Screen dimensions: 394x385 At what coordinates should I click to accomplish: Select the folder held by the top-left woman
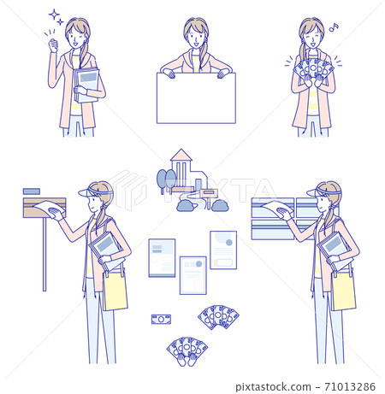[86, 83]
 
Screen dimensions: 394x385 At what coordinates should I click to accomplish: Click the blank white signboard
[195, 97]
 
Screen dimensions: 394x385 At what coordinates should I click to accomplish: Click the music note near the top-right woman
[335, 26]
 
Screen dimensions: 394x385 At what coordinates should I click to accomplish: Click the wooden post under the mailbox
[44, 256]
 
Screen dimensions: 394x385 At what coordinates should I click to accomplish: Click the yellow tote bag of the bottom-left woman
[115, 289]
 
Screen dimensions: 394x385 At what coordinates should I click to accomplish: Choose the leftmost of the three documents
[162, 257]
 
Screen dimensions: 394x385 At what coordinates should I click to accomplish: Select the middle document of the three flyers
[192, 274]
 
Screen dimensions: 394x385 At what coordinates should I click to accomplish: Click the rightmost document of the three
[223, 250]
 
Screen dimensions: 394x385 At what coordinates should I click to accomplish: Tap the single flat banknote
[161, 320]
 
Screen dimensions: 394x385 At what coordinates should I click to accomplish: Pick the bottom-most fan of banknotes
[187, 350]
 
